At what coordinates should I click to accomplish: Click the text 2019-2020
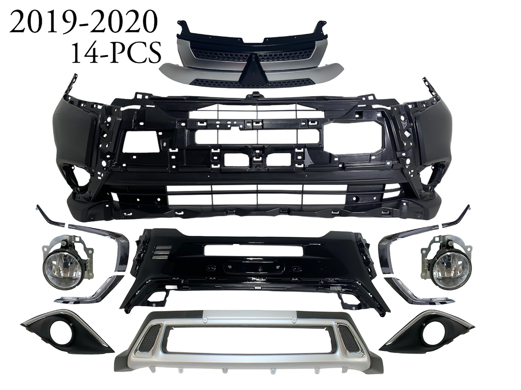[x=82, y=23]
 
